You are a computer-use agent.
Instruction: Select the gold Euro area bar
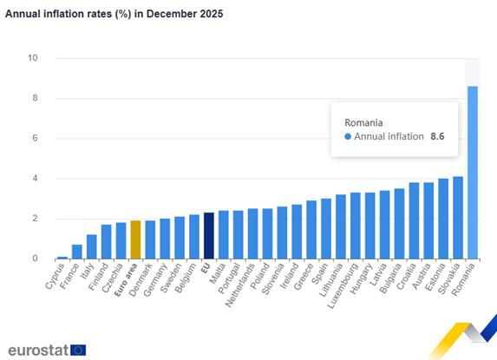tap(135, 239)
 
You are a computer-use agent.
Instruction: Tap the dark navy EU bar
tap(208, 236)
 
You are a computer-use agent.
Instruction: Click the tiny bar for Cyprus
tap(62, 257)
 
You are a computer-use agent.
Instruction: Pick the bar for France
tap(76, 252)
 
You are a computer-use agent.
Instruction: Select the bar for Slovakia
tap(457, 218)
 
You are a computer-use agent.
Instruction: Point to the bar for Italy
tap(91, 246)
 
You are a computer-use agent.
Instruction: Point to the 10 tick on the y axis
tap(33, 58)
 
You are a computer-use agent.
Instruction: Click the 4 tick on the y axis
tap(35, 179)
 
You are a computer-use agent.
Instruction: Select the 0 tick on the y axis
tap(35, 259)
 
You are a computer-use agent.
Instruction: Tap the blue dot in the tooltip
tap(349, 137)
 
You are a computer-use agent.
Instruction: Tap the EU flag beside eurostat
tap(78, 350)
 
